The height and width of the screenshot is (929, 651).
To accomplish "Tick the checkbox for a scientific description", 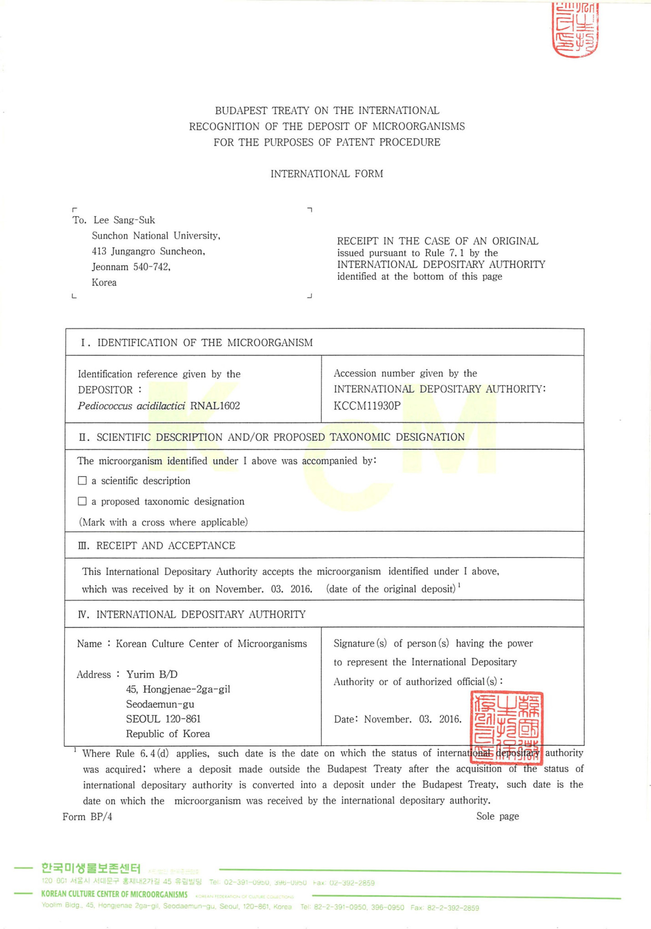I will coord(82,481).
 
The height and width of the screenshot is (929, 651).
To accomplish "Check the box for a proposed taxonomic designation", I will coord(82,501).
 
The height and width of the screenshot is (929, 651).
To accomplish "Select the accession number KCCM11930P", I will coord(367,406).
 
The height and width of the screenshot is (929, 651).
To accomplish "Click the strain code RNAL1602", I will coord(215,406).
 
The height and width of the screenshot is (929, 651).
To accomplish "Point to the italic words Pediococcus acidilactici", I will coord(131,406).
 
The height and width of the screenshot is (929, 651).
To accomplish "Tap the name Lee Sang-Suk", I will coord(124,220).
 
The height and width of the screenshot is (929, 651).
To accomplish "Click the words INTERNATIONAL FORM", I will coord(326,174).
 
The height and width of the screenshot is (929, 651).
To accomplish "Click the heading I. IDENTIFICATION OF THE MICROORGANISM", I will coord(197,343).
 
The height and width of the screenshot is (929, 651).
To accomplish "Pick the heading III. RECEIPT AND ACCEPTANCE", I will coord(157,545).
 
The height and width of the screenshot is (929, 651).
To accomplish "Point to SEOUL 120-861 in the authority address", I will coord(163,719).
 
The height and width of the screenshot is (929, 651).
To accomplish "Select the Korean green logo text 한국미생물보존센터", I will coord(91,868).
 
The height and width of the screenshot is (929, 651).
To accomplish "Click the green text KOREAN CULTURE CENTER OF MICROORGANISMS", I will coord(114,894).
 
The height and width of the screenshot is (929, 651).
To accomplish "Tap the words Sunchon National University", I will coord(155,236).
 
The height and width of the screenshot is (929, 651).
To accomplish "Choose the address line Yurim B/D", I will coord(152,674).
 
